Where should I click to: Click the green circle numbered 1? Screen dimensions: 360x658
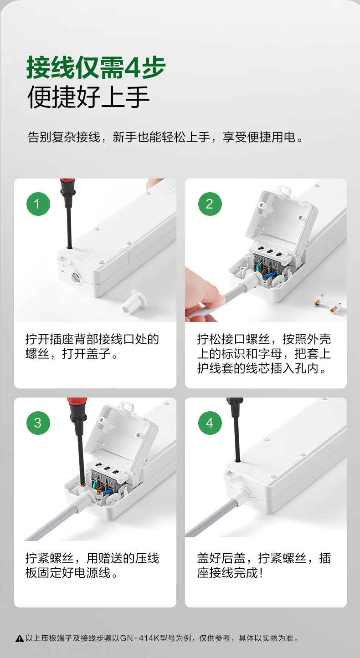click(38, 204)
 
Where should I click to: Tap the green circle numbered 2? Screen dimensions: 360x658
click(210, 204)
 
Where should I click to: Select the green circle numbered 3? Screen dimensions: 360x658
click(38, 423)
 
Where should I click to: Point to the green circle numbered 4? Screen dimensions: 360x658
click(210, 423)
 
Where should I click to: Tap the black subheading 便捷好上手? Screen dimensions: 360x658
click(88, 97)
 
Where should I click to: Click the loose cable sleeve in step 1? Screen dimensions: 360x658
click(134, 302)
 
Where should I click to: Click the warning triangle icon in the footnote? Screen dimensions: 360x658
click(20, 638)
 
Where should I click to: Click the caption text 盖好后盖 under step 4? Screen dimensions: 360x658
click(221, 558)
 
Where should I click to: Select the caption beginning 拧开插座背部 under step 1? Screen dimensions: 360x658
click(92, 347)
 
